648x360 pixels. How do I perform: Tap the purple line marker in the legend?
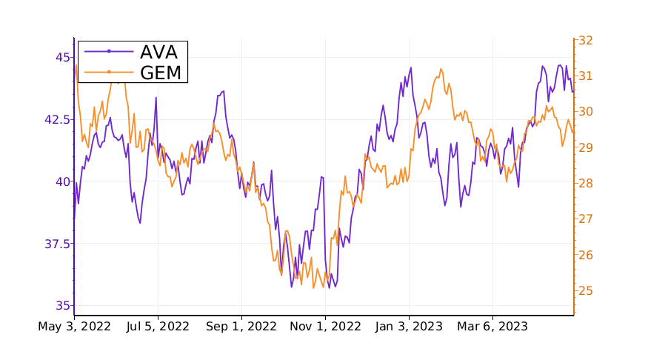pos(109,51)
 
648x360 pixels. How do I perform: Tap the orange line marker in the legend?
pos(109,72)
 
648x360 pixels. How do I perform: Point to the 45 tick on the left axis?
pos(63,57)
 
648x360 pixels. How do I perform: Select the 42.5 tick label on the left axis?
pos(56,119)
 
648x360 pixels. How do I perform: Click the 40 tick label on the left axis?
pos(63,181)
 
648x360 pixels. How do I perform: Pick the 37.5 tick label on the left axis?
pos(56,244)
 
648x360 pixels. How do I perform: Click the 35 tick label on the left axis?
pos(63,305)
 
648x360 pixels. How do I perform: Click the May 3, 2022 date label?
pos(74,326)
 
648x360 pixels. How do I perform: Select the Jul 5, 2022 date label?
pos(158,326)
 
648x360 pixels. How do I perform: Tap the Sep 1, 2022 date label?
pos(241,326)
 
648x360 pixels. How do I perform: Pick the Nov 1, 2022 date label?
pos(325,326)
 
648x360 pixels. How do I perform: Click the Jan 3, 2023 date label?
pos(409,326)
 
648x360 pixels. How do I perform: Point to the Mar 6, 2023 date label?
pos(492,326)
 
